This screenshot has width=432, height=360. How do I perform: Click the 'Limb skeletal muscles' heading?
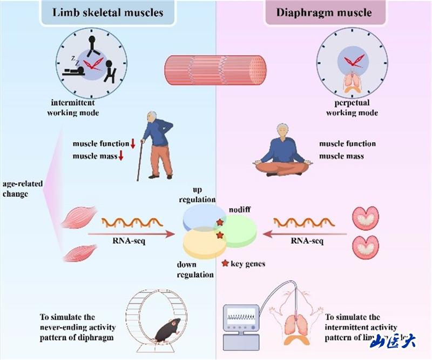click(109, 12)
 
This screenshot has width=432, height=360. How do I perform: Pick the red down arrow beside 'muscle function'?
click(132, 144)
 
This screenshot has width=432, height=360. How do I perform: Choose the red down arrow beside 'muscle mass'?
click(122, 157)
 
